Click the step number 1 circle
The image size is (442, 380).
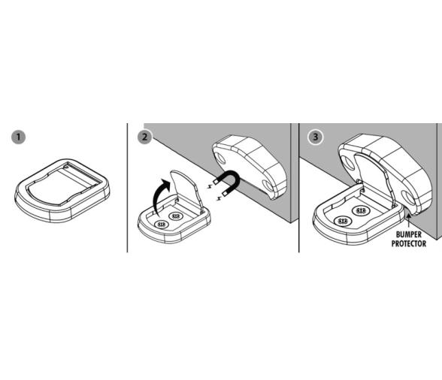[x=18, y=137]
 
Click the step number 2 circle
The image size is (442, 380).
[x=144, y=137]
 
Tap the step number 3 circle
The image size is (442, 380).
[x=316, y=137]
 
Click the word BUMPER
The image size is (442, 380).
[x=409, y=234]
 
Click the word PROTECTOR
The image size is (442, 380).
[x=409, y=243]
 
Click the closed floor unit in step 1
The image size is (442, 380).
[x=62, y=191]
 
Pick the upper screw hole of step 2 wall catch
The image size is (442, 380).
[x=220, y=158]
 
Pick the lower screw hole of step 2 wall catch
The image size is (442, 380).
[x=268, y=185]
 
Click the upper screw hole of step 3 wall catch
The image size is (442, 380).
[x=349, y=163]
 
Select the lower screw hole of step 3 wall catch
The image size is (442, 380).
[x=407, y=198]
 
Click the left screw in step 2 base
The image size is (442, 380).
[x=161, y=225]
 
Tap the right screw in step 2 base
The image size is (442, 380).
[x=175, y=216]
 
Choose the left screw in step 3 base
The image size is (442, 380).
[x=342, y=221]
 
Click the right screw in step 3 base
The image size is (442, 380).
[x=361, y=210]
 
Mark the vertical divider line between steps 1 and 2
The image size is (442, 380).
[x=128, y=188]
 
